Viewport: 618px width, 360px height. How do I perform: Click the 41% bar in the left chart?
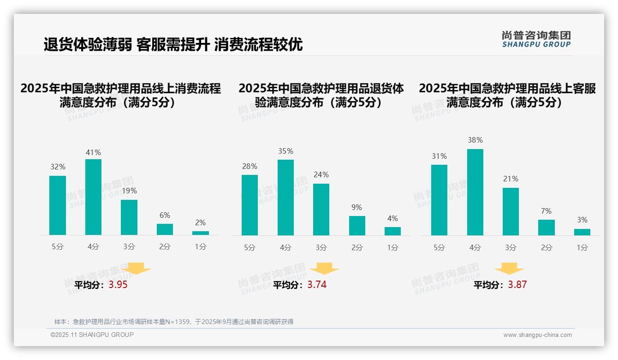(93, 197)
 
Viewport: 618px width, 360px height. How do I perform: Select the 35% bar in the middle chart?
(285, 198)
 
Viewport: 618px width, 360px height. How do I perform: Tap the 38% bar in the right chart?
(475, 192)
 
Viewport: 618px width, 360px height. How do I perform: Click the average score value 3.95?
(118, 285)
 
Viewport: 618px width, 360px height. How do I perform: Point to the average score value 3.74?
(317, 285)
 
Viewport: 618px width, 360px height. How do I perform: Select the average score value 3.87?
(517, 285)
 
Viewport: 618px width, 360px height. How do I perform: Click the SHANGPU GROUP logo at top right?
(536, 39)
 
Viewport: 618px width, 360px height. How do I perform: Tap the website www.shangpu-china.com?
(537, 335)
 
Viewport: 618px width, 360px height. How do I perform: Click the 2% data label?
(200, 222)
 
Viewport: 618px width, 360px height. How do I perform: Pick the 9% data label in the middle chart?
(357, 208)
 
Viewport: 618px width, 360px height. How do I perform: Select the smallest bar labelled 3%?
(582, 232)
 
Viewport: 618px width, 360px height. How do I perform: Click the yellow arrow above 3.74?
(324, 269)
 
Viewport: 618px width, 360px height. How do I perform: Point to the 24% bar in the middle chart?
(321, 210)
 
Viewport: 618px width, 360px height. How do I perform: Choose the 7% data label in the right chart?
(546, 211)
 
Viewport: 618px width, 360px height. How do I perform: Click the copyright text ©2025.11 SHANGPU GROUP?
(92, 335)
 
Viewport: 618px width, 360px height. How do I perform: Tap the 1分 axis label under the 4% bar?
(392, 248)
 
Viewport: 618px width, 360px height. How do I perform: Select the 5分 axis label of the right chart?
(439, 248)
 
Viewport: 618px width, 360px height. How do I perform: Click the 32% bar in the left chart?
(58, 205)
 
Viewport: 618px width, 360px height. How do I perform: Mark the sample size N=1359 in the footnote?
(175, 322)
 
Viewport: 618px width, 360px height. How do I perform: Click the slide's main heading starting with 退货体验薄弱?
(173, 45)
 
